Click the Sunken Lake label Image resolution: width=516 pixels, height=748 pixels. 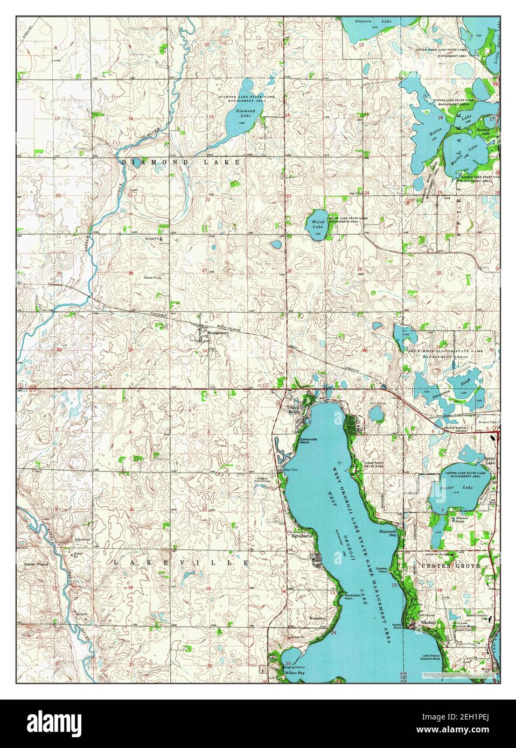pos(482,130)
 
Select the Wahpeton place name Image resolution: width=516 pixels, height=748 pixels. pos(318,618)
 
